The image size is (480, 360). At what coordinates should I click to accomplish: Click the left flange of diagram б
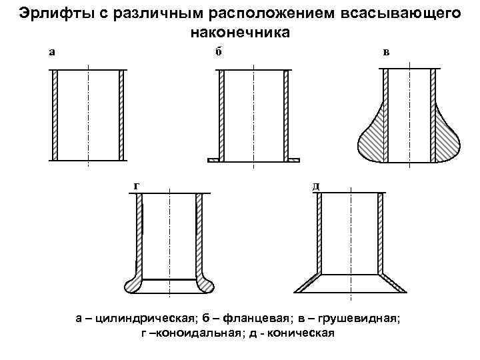click(x=213, y=160)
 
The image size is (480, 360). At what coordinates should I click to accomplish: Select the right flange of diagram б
click(x=293, y=160)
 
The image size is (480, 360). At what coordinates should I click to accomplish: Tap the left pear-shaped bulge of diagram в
click(x=372, y=137)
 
